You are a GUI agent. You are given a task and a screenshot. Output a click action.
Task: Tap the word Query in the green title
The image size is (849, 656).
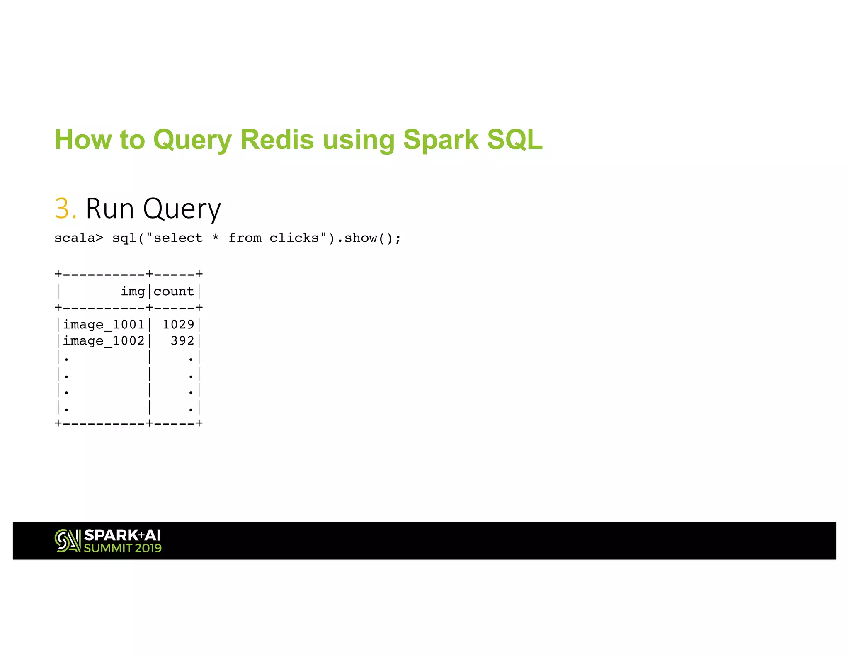pyautogui.click(x=192, y=140)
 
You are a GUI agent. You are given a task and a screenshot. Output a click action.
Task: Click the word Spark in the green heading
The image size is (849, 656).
pyautogui.click(x=441, y=140)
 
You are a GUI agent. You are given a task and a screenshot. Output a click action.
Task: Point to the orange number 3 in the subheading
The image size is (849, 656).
pyautogui.click(x=62, y=209)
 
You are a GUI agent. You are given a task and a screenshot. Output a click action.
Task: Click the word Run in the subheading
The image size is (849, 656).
pyautogui.click(x=110, y=209)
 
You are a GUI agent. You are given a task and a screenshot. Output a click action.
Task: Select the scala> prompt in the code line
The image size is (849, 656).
pyautogui.click(x=78, y=238)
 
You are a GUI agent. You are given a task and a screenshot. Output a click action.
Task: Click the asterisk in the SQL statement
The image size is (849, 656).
pyautogui.click(x=216, y=238)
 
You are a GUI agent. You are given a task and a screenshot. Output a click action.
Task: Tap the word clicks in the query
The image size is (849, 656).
pyautogui.click(x=294, y=238)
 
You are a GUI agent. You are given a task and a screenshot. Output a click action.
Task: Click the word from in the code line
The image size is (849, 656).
pyautogui.click(x=245, y=238)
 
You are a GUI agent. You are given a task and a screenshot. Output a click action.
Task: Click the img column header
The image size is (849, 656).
pyautogui.click(x=133, y=292)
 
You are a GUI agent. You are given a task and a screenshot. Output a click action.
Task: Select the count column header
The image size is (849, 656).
pyautogui.click(x=174, y=292)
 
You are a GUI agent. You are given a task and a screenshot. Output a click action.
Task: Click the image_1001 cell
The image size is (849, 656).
pyautogui.click(x=104, y=324)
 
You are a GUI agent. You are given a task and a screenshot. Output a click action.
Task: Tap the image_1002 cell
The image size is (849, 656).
pyautogui.click(x=104, y=341)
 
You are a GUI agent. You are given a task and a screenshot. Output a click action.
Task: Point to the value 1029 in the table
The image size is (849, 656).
pyautogui.click(x=178, y=324)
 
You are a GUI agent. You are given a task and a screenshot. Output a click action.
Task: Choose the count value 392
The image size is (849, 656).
pyautogui.click(x=182, y=341)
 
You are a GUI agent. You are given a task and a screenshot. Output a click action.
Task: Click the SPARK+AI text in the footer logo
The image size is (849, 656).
pyautogui.click(x=122, y=535)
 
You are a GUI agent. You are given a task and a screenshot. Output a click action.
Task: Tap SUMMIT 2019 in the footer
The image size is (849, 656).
pyautogui.click(x=123, y=548)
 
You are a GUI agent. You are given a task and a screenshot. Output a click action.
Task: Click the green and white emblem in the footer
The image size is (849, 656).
pyautogui.click(x=68, y=541)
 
